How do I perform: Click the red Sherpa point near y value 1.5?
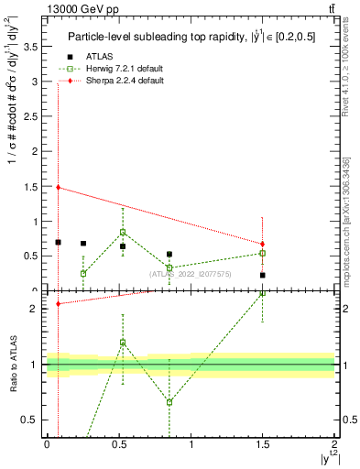(58, 187)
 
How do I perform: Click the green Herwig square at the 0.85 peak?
(123, 233)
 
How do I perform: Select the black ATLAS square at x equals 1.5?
(262, 275)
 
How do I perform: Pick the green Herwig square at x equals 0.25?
(83, 273)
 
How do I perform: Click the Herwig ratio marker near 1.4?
(123, 343)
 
